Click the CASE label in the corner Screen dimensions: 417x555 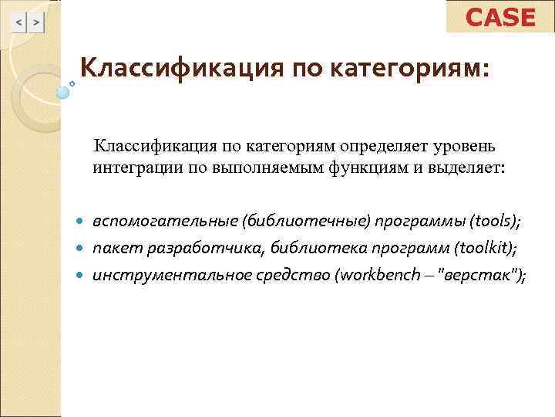[x=500, y=17]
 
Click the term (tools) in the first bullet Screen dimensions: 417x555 [x=493, y=222]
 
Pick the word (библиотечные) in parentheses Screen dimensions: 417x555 [x=306, y=222]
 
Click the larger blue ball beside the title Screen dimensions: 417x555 [x=63, y=92]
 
